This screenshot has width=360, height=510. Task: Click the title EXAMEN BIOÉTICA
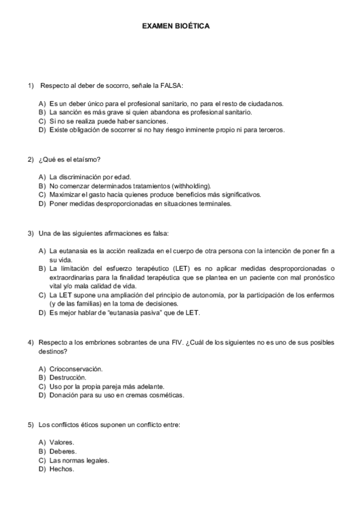175,27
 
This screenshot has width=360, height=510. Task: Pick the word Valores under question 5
61,442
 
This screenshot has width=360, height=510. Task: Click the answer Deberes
63,451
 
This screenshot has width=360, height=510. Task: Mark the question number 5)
31,425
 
